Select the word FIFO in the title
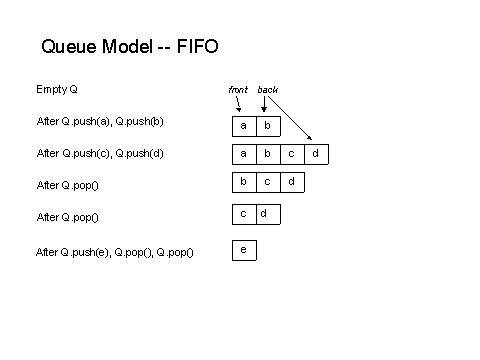[195, 46]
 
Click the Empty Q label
[57, 89]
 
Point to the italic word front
[238, 90]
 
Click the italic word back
[267, 90]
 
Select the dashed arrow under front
[239, 104]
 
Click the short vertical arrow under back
[264, 104]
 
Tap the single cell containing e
[244, 249]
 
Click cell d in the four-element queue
[316, 154]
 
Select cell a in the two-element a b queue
[244, 126]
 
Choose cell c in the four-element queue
[292, 154]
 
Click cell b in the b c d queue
[244, 182]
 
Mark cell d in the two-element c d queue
[267, 214]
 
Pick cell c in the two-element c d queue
[244, 214]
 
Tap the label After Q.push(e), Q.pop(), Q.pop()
[114, 252]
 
